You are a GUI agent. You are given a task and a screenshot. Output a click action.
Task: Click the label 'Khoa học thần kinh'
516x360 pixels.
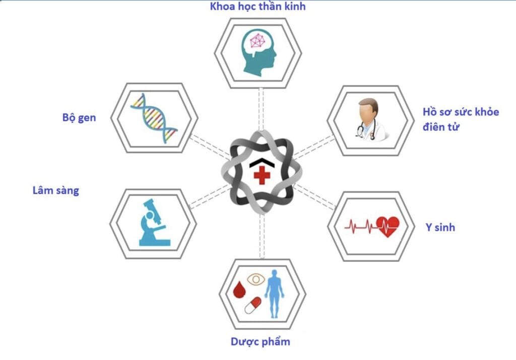pos(257,7)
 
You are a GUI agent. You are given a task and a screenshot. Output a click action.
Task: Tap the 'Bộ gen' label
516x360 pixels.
pos(79,117)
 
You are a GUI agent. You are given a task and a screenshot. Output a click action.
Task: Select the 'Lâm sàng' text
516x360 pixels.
pos(55,191)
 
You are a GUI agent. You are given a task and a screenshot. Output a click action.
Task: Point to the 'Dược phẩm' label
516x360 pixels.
pos(261,341)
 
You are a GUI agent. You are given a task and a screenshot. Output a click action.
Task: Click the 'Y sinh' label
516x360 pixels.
pos(440,227)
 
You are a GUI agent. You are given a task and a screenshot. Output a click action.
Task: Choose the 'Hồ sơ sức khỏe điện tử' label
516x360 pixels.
pos(461,119)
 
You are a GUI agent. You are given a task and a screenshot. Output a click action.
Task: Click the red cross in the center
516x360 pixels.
pos(262,175)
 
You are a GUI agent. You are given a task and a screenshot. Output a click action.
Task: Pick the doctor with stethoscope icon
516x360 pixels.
pos(371,119)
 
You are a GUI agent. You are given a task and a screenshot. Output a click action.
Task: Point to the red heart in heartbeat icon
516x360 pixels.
pos(388,226)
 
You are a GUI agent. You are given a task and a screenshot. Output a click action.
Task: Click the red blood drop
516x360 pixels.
pos(239,289)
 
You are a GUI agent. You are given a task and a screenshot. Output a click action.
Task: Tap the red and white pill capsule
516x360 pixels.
pos(253,306)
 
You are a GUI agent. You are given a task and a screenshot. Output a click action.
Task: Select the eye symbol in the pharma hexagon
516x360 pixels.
pos(255,280)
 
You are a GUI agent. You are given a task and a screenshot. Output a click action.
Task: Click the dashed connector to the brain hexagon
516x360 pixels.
pos(261,109)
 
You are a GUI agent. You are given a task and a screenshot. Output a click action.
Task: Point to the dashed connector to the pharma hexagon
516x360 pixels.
pos(262,236)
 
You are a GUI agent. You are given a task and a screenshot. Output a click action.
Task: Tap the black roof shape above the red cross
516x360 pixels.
pos(262,162)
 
